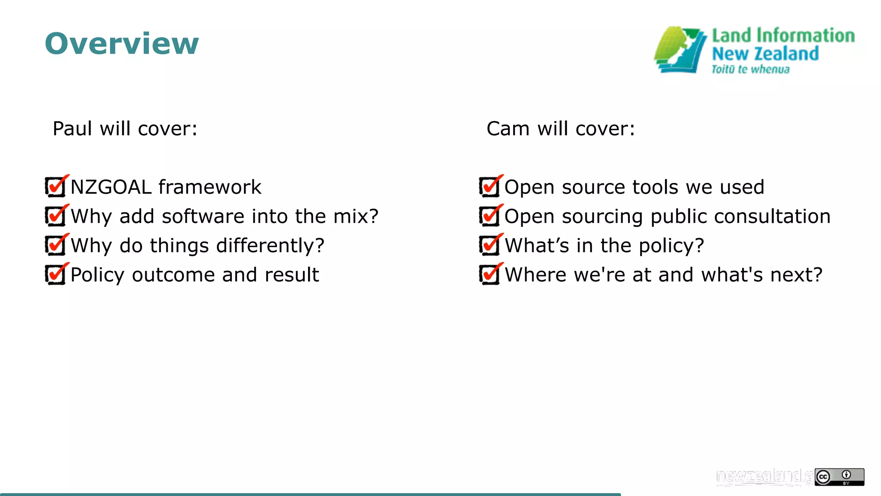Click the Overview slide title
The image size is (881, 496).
coord(122,43)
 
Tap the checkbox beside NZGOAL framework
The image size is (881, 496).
coord(55,187)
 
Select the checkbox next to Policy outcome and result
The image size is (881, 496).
coord(55,275)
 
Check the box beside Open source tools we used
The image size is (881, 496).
coord(490,187)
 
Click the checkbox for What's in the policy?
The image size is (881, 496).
coord(490,245)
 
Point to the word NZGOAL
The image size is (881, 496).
coord(111,187)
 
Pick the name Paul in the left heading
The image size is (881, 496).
coord(72,129)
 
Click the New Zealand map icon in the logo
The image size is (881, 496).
coord(680,50)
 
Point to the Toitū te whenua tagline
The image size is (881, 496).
coord(750,69)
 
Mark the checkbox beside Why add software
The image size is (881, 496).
coord(55,216)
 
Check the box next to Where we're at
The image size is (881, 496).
coord(490,275)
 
